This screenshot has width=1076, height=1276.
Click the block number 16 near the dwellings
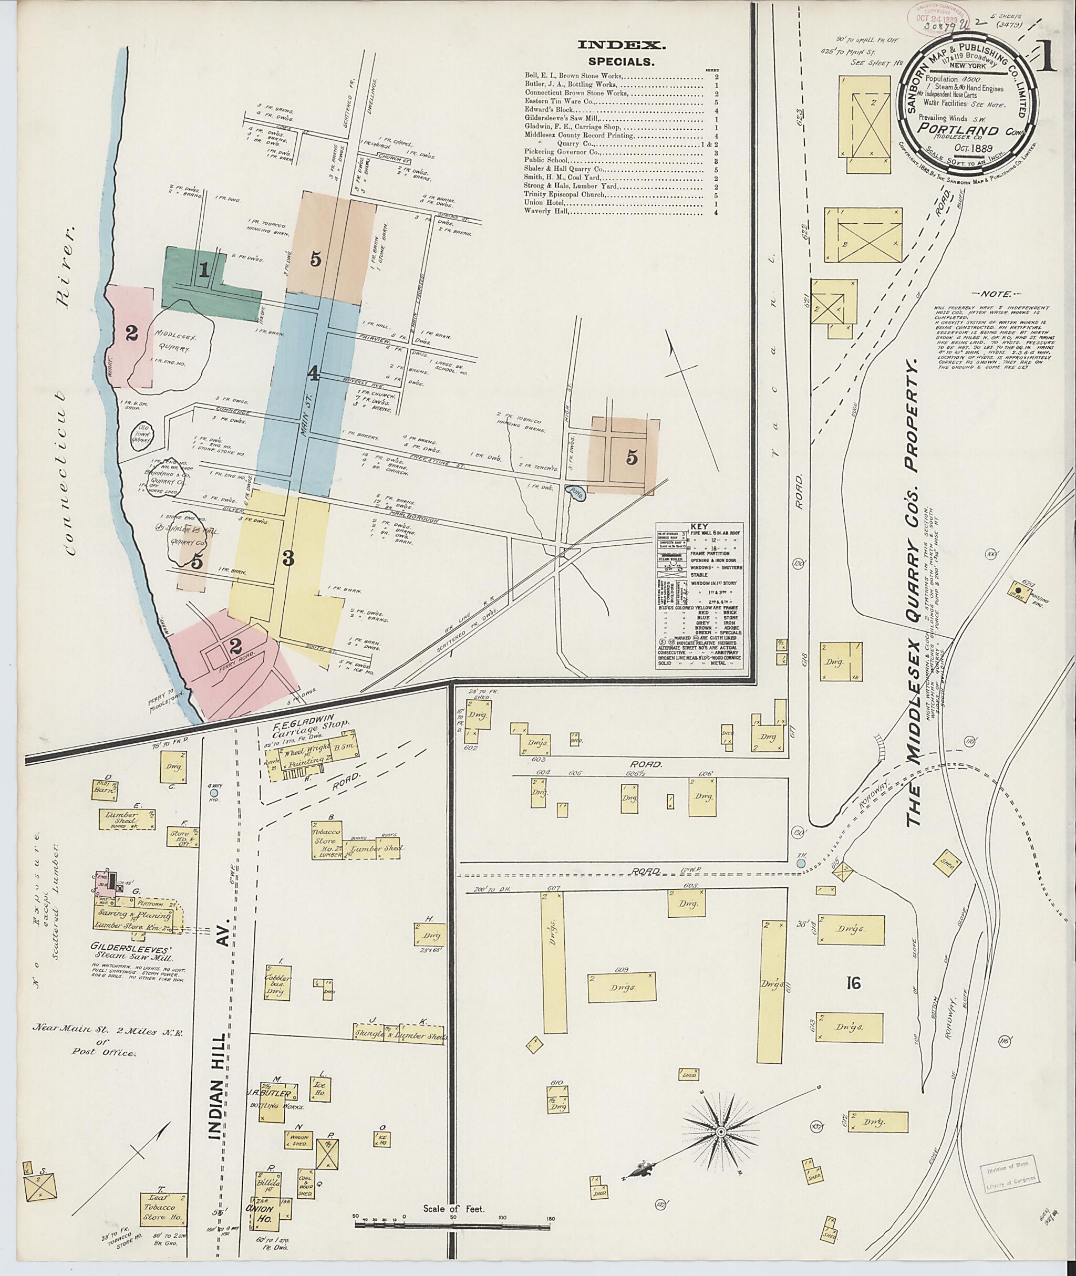pos(853,983)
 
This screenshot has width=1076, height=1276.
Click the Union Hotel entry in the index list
pos(545,202)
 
